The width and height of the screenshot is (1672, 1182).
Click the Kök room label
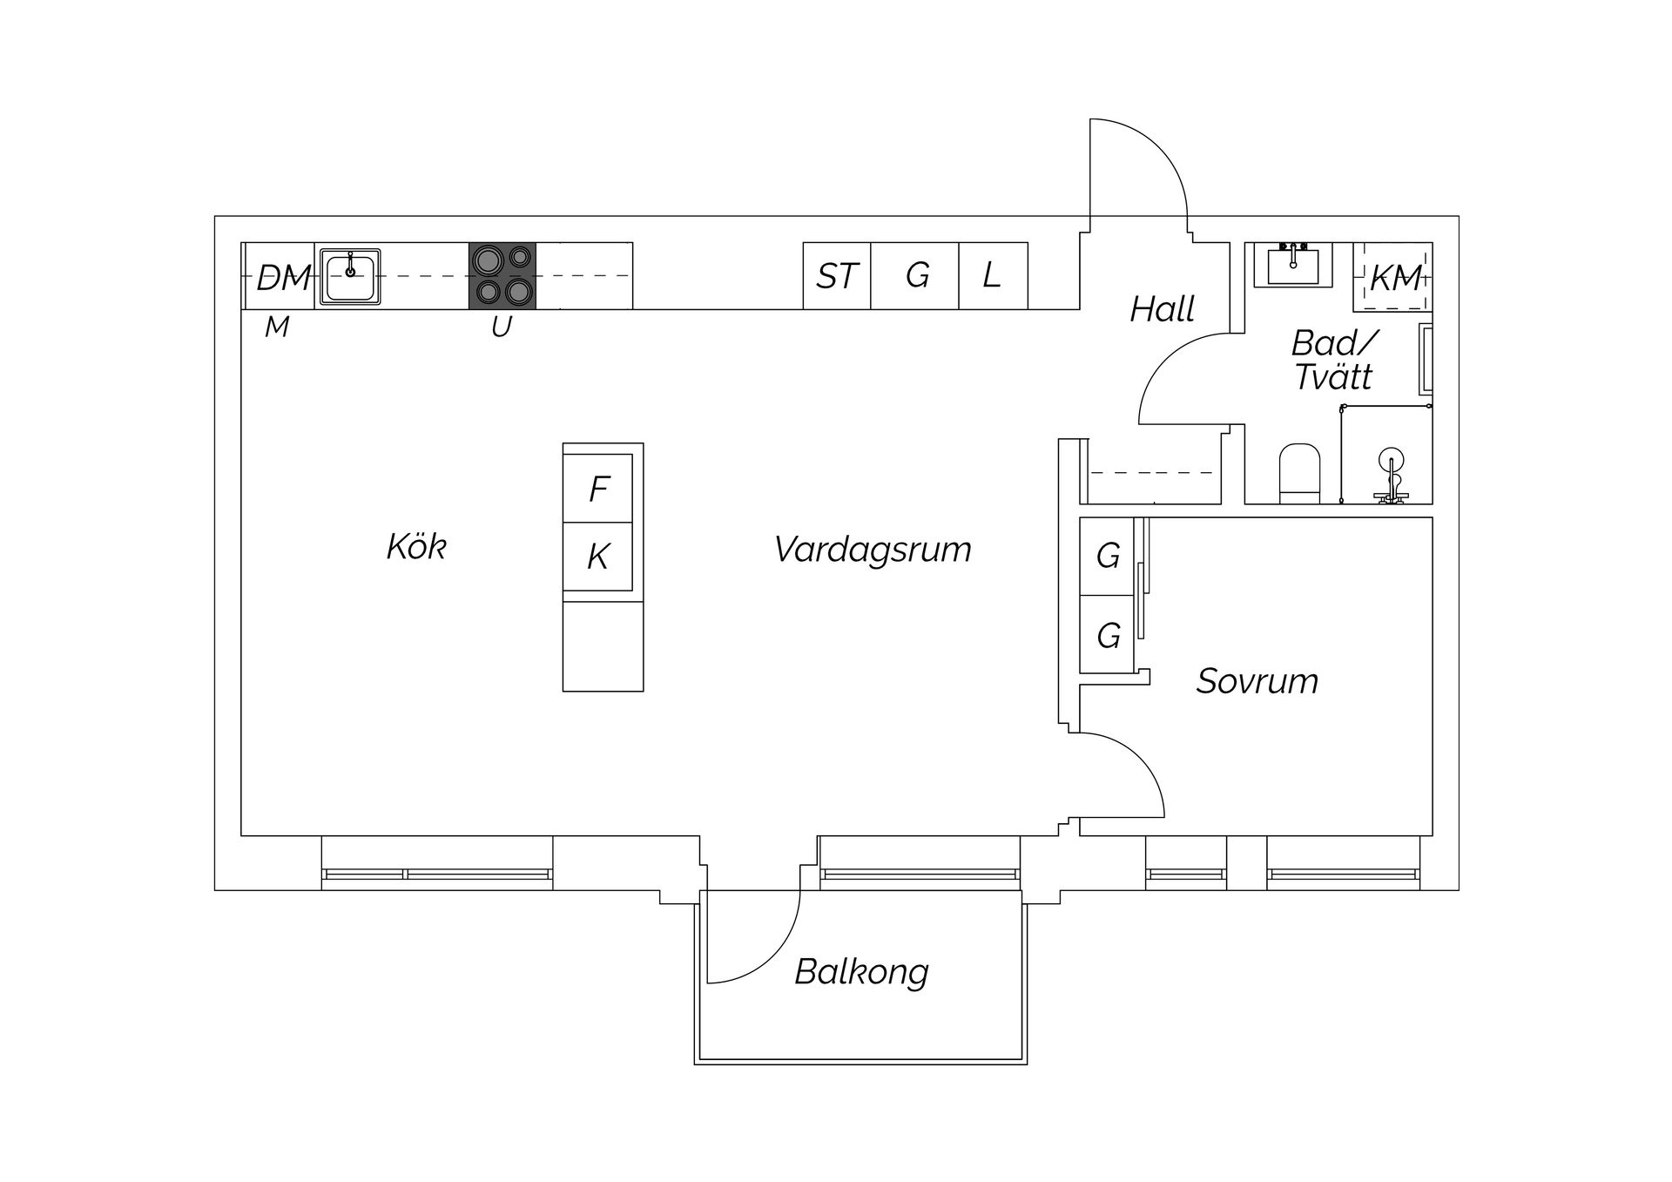pyautogui.click(x=416, y=547)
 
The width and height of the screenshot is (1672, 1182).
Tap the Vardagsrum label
pyautogui.click(x=873, y=550)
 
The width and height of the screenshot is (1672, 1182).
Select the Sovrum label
pyautogui.click(x=1257, y=681)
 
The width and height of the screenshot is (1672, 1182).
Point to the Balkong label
pyautogui.click(x=861, y=971)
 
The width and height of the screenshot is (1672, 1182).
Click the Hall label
pyautogui.click(x=1162, y=309)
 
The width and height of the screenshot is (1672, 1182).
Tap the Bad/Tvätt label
pyautogui.click(x=1332, y=361)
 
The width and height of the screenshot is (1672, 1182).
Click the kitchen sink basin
pyautogui.click(x=350, y=276)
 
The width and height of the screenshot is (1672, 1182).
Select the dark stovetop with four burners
pyautogui.click(x=502, y=275)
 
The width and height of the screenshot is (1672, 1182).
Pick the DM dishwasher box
pyautogui.click(x=280, y=277)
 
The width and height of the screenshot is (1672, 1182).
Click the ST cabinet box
pyautogui.click(x=837, y=276)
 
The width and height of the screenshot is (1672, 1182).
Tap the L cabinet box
pyautogui.click(x=993, y=276)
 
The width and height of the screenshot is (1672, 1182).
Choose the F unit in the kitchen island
pyautogui.click(x=598, y=489)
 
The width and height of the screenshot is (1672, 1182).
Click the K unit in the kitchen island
pyautogui.click(x=598, y=557)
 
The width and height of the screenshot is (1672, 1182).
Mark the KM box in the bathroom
pyautogui.click(x=1393, y=278)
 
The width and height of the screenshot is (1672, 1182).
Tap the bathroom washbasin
pyautogui.click(x=1292, y=264)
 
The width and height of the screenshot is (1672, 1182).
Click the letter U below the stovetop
pyautogui.click(x=501, y=328)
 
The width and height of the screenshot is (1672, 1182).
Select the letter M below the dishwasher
pyautogui.click(x=277, y=328)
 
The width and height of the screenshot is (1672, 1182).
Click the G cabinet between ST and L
pyautogui.click(x=916, y=276)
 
